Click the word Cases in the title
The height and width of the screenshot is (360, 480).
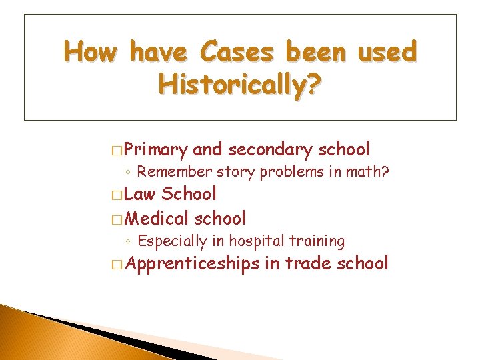coord(239,52)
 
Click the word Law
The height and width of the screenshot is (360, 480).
coord(139,194)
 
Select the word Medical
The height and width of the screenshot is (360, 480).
coord(157,218)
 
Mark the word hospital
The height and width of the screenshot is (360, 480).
coord(257,241)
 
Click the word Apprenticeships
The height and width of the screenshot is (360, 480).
coord(191,263)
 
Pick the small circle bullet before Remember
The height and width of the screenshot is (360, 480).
coord(129,173)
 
